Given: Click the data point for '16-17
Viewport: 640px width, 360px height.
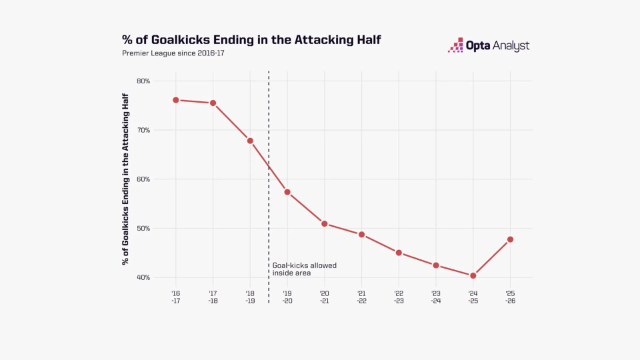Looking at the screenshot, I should [x=176, y=100].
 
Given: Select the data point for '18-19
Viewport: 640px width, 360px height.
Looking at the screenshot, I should [x=250, y=141].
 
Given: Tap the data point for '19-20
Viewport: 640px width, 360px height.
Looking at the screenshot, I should [x=287, y=192].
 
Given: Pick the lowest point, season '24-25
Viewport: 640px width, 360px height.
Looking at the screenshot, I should [x=473, y=275].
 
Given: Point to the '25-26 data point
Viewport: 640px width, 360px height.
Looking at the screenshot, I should [x=510, y=239].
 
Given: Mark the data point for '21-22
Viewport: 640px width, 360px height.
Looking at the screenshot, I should [x=361, y=235].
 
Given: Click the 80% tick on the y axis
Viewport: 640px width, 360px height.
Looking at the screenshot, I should [x=143, y=81].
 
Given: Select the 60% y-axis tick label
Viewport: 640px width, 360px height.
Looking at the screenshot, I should [x=143, y=179].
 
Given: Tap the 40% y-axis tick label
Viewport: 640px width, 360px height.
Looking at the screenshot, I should [x=143, y=277].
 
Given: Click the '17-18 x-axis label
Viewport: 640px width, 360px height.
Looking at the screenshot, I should [x=213, y=297].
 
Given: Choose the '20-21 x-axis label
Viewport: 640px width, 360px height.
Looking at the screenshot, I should [x=325, y=297].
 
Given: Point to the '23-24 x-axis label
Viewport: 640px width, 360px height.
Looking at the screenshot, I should [x=436, y=297].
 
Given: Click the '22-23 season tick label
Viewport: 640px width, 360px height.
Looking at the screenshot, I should [x=399, y=297].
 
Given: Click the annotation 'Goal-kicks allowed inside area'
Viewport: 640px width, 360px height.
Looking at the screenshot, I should [x=304, y=269].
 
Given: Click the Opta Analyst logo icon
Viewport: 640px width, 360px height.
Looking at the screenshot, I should [x=455, y=45].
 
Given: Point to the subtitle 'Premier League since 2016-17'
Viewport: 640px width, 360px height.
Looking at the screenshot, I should [x=173, y=53].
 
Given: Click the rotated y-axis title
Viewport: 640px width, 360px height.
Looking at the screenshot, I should [x=125, y=179].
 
